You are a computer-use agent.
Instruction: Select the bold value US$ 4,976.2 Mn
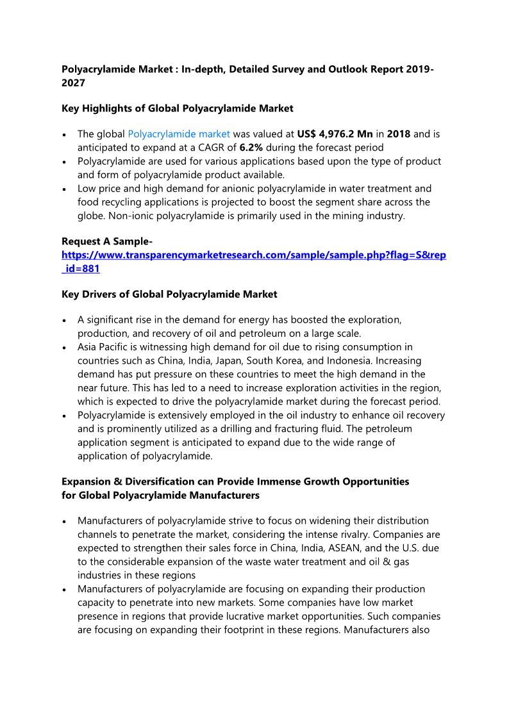335,134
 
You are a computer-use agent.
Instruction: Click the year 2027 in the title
73,83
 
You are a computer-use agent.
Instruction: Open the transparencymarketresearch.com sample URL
254,255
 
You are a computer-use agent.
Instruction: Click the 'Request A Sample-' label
107,241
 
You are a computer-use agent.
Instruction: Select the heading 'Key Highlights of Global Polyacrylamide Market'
178,109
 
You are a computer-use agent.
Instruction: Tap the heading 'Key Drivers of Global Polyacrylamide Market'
169,295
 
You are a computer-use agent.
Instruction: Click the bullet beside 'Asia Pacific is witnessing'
65,348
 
